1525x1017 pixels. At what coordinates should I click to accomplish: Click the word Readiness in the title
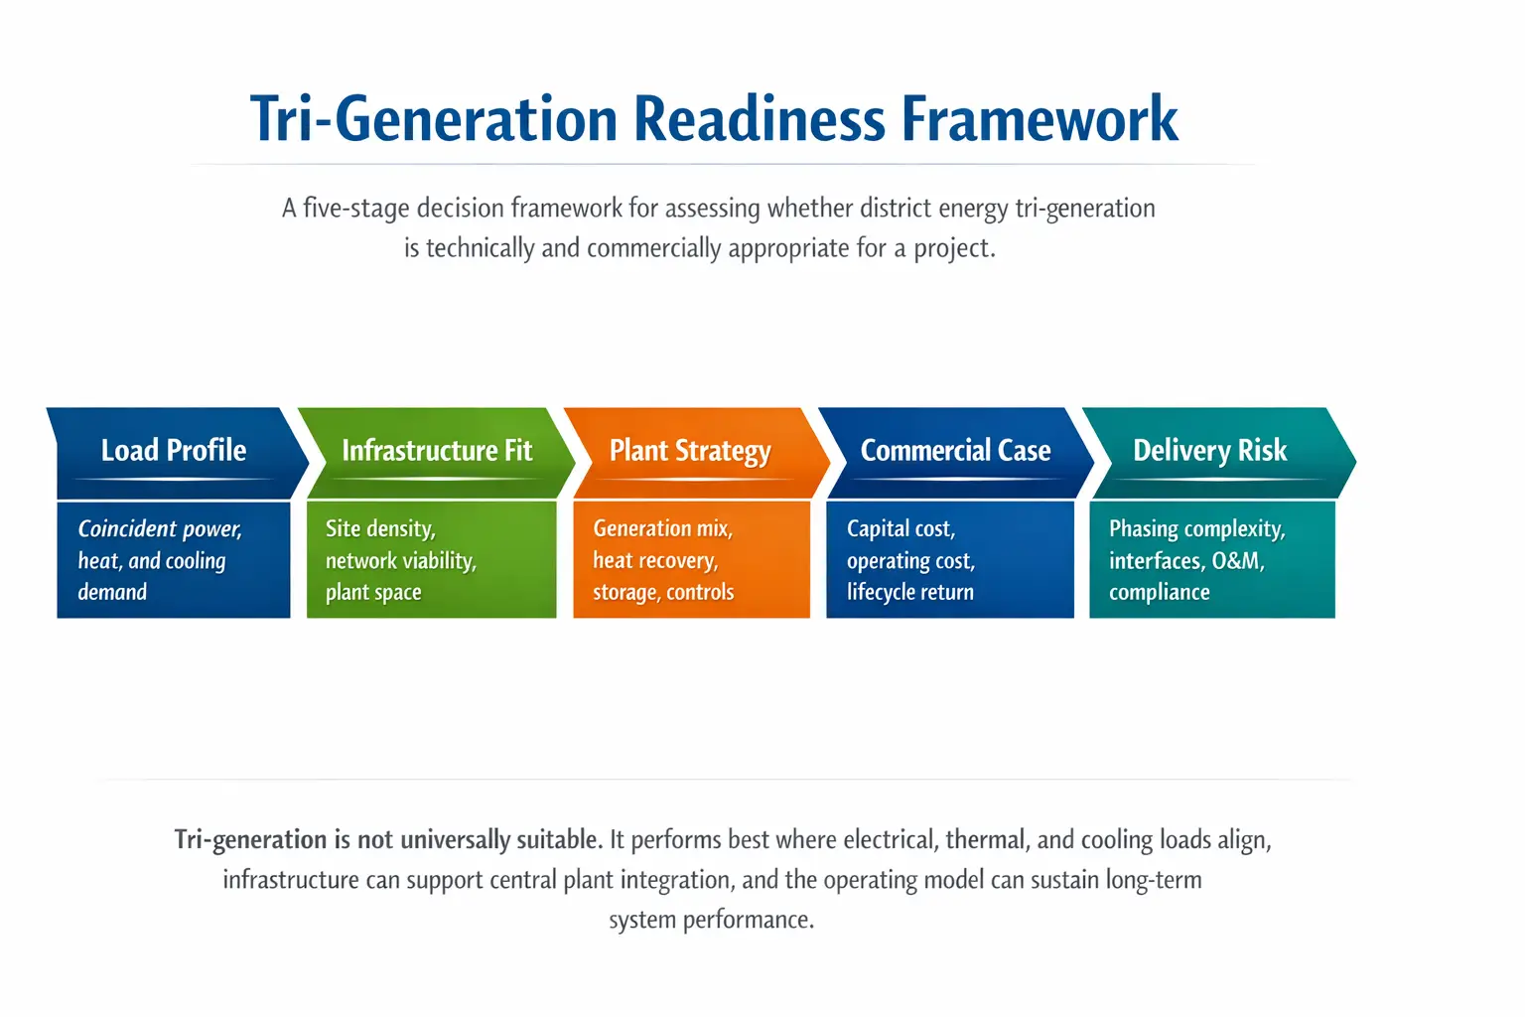coord(760,119)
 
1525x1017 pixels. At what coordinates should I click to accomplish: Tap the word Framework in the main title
coord(1040,119)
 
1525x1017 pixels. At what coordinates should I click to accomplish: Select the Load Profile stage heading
coord(174,451)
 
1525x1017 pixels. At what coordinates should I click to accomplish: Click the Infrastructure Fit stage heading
coord(437,451)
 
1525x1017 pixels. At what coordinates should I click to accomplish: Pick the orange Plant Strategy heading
coord(690,451)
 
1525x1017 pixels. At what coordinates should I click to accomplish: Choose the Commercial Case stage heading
coord(955,451)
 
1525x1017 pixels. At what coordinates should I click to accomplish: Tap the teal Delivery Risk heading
coord(1209,451)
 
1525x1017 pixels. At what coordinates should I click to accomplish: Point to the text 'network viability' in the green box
coord(400,561)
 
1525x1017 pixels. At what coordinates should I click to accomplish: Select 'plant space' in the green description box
coord(373,593)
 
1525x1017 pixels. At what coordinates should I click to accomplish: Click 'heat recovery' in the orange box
coord(654,561)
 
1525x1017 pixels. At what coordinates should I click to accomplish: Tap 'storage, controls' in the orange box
coord(663,593)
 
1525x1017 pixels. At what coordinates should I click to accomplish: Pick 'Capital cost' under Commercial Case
coord(900,528)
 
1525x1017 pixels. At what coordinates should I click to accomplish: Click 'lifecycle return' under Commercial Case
coord(909,593)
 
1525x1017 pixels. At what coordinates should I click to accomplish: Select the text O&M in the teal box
coord(1237,561)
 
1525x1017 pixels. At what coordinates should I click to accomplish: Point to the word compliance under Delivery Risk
coord(1159,593)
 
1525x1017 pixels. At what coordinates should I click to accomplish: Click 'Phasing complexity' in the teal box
coord(1196,528)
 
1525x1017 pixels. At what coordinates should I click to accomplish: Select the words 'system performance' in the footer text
coord(711,920)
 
